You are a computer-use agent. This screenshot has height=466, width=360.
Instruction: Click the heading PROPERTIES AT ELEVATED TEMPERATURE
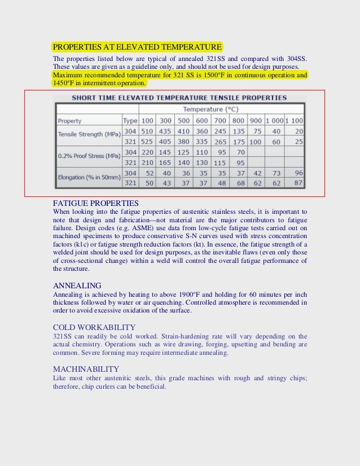(x=137, y=46)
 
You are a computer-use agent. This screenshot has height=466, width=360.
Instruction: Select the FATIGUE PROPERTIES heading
(x=96, y=203)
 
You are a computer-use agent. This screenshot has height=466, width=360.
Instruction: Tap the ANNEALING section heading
(x=77, y=285)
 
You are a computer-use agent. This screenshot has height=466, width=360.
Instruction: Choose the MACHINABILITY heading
(x=86, y=369)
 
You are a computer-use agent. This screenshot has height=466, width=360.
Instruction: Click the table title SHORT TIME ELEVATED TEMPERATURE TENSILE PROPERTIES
(x=179, y=98)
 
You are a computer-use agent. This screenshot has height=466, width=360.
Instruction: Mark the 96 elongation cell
(x=298, y=173)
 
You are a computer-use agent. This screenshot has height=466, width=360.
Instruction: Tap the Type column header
(x=130, y=121)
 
